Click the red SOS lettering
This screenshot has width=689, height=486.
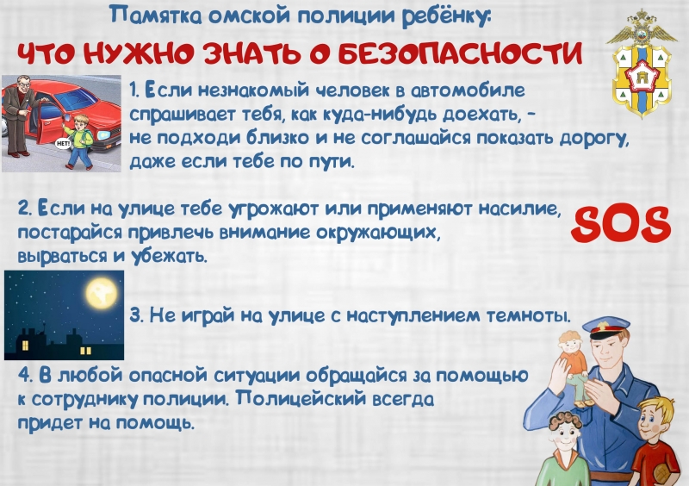click(621, 225)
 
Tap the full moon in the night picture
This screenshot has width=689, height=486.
click(102, 293)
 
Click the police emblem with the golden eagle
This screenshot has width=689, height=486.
click(641, 62)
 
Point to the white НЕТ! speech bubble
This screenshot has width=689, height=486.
click(63, 143)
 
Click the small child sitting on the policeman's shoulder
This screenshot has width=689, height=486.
click(573, 366)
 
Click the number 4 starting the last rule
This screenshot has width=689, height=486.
click(24, 376)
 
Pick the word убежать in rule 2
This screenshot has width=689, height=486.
click(170, 256)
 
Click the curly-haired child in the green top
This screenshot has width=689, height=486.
click(563, 449)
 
